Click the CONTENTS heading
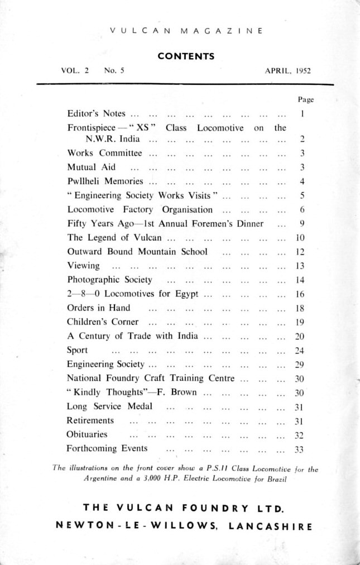[x=186, y=56]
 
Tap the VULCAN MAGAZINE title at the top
[x=186, y=31]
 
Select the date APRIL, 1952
[x=288, y=71]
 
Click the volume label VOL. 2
[x=75, y=71]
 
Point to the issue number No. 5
[x=114, y=71]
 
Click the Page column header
[x=306, y=99]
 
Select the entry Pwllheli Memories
[x=105, y=181]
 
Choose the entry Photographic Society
[x=109, y=280]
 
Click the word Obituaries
[x=87, y=434]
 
